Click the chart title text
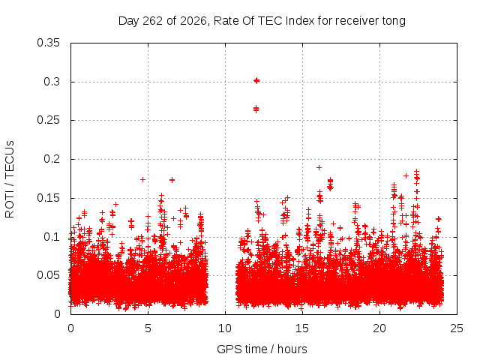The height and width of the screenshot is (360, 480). click(262, 21)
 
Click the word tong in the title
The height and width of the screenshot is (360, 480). click(394, 22)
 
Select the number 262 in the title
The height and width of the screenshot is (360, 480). click(153, 21)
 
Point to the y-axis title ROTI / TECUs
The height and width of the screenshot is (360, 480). click(10, 179)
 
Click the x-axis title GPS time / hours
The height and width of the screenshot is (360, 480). click(262, 349)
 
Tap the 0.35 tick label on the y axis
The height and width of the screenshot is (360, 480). click(48, 43)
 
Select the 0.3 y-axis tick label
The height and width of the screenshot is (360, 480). click(52, 82)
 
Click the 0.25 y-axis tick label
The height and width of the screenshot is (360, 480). click(48, 120)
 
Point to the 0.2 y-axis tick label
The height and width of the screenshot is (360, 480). click(52, 159)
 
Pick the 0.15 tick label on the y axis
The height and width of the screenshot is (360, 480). click(48, 198)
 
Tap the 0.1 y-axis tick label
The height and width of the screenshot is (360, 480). click(52, 237)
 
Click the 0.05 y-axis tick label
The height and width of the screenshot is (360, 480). click(48, 275)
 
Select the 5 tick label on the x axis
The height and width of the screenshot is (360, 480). click(148, 328)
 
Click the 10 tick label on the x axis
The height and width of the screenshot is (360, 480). click(225, 328)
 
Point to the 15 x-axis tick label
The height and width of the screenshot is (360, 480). click(302, 328)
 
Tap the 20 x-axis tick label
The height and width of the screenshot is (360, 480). click(379, 328)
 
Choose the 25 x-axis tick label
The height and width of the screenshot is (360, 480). click(457, 328)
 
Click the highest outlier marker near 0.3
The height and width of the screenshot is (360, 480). click(256, 80)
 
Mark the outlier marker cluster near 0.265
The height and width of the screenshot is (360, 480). click(256, 109)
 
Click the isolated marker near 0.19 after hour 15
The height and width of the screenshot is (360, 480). click(319, 167)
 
